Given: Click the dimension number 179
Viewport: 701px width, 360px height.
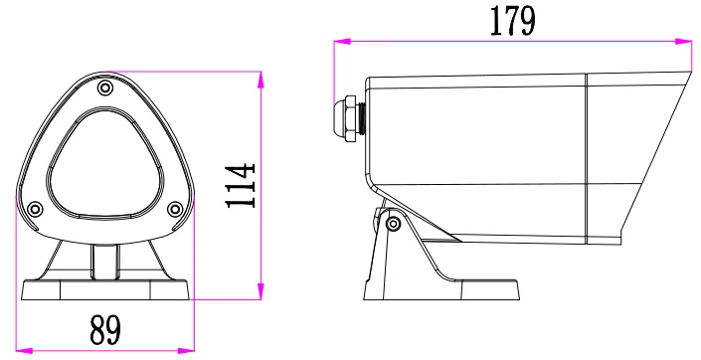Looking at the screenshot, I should [512, 20].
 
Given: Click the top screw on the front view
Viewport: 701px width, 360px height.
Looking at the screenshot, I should [104, 89].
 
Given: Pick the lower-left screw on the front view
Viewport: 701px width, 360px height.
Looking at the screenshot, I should [35, 209].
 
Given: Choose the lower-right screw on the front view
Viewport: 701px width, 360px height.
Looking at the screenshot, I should [175, 209].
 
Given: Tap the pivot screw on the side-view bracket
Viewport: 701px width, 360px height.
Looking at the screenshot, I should [393, 223].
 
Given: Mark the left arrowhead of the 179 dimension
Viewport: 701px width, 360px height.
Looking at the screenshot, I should [338, 42].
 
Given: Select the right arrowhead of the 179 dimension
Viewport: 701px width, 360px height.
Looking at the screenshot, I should [687, 42].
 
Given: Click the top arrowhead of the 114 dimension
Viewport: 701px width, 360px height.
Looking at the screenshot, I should [261, 76].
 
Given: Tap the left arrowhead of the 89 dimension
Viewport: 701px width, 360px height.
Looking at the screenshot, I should [22, 348].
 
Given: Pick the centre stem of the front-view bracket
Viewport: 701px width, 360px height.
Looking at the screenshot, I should [104, 261].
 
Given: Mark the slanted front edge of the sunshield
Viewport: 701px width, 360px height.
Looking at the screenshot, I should [656, 159].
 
